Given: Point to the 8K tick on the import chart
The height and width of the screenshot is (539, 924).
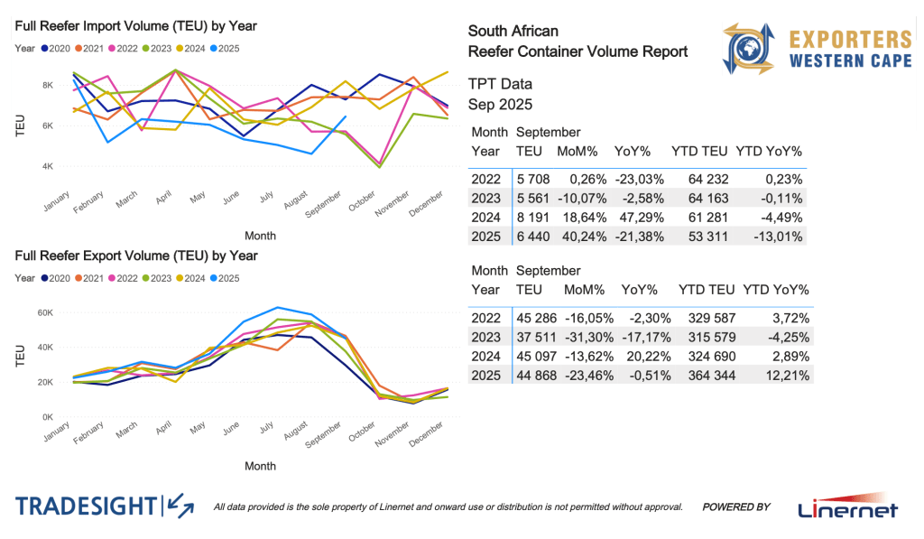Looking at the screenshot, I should click(x=48, y=85).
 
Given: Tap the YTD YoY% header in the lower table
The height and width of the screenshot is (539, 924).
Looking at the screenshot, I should click(x=775, y=290).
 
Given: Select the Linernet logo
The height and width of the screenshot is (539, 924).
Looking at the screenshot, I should click(x=848, y=507).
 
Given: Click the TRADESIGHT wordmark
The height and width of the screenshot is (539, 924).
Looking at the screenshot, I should click(x=86, y=506).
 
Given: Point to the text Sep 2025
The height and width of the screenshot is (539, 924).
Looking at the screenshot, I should click(x=500, y=104).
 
